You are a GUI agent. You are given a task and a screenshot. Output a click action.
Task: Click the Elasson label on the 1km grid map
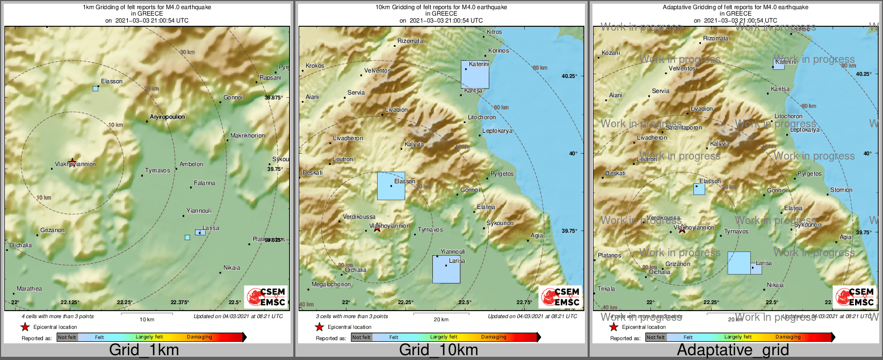pyautogui.click(x=112, y=81)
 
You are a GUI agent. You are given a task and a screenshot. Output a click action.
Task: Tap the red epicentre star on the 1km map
pyautogui.click(x=72, y=161)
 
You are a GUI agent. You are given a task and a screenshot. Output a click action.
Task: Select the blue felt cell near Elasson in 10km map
pyautogui.click(x=390, y=186)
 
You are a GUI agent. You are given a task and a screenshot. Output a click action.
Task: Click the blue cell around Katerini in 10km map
pyautogui.click(x=475, y=74)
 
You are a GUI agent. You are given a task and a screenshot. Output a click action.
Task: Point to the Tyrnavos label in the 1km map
pyautogui.click(x=157, y=170)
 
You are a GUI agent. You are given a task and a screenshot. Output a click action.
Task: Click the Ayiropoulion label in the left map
pyautogui.click(x=167, y=117)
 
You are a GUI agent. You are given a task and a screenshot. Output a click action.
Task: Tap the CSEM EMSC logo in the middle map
pyautogui.click(x=561, y=297)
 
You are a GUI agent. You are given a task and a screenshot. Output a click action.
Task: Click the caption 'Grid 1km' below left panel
pyautogui.click(x=144, y=350)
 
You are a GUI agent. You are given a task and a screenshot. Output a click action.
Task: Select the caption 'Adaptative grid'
pyautogui.click(x=733, y=350)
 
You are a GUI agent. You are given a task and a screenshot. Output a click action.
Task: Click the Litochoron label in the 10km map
pyautogui.click(x=482, y=117)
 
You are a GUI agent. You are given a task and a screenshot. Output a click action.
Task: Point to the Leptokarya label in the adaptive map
pyautogui.click(x=805, y=129)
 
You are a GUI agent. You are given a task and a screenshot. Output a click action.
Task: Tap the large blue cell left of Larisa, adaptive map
pyautogui.click(x=739, y=263)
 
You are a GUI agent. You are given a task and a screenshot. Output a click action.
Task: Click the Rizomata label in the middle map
pyautogui.click(x=410, y=41)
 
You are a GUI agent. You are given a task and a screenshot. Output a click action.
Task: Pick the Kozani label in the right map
pyautogui.click(x=611, y=53)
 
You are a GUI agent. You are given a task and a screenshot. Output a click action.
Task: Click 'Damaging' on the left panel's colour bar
pyautogui.click(x=199, y=337)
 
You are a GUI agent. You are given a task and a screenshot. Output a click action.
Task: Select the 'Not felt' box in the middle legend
pyautogui.click(x=361, y=337)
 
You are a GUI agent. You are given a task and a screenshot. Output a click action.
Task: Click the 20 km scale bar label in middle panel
pyautogui.click(x=441, y=319)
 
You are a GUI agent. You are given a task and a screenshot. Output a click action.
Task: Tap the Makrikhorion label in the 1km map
pyautogui.click(x=248, y=135)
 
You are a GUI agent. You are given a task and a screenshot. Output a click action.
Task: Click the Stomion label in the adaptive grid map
pyautogui.click(x=841, y=190)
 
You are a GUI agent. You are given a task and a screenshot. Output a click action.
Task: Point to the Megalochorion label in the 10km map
pyautogui.click(x=331, y=284)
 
